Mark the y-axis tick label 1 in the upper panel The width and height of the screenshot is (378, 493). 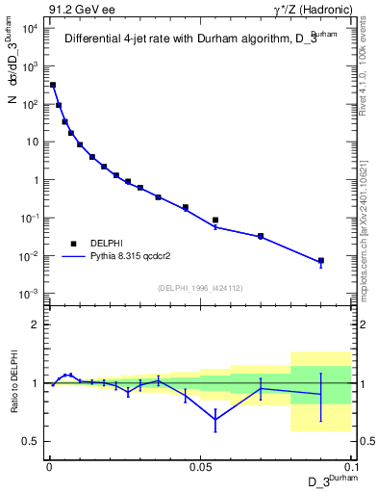[x=36, y=180]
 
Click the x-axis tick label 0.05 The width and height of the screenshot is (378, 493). [x=199, y=466]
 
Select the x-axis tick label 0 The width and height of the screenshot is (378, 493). [x=48, y=466]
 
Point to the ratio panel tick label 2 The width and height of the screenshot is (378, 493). [x=36, y=324]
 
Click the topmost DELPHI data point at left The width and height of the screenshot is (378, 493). [x=53, y=85]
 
